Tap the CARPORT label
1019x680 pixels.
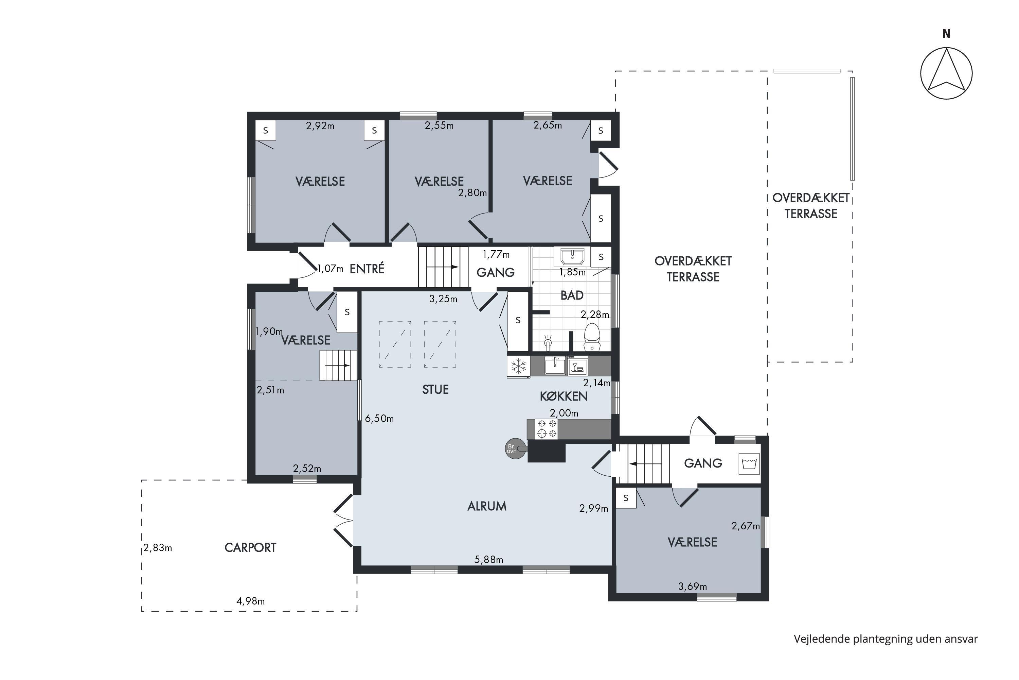[250, 548]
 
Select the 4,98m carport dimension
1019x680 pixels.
[250, 601]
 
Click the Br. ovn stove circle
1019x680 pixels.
[512, 448]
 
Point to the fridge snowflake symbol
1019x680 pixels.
[518, 367]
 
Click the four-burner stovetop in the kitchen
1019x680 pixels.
[546, 428]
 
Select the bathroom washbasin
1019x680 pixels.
[572, 256]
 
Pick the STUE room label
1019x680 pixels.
[435, 389]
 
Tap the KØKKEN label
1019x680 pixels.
[564, 396]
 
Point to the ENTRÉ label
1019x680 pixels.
[367, 269]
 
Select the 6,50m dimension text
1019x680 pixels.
[379, 419]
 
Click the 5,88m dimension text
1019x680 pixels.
[489, 559]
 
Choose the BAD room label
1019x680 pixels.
[572, 295]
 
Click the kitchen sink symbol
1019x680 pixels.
[555, 365]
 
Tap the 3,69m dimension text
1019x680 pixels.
[692, 586]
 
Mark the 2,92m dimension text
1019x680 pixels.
[320, 126]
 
